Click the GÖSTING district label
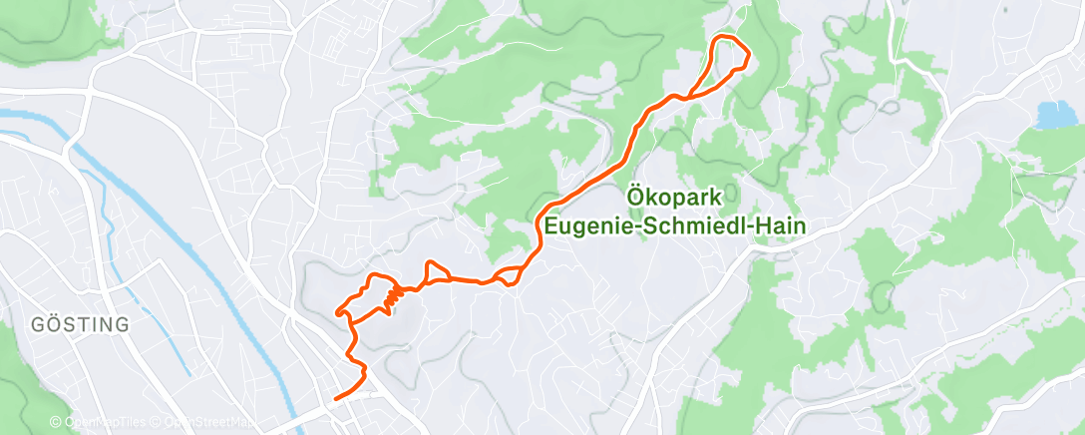tap(81, 325)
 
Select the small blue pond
tap(1051, 115)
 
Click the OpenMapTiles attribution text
tap(105, 422)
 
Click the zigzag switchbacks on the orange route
tap(393, 294)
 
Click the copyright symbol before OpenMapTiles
tap(56, 422)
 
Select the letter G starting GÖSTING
tap(38, 325)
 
